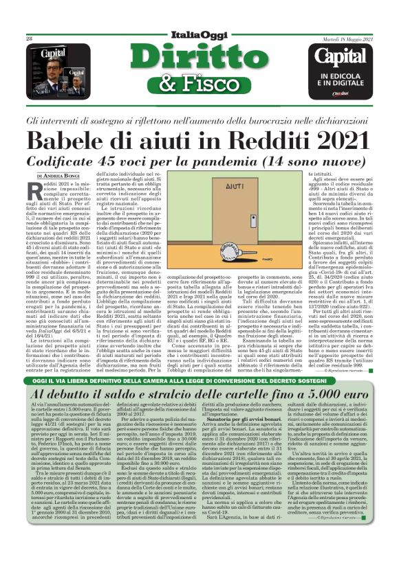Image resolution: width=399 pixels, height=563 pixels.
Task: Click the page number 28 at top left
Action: point(30,39)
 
